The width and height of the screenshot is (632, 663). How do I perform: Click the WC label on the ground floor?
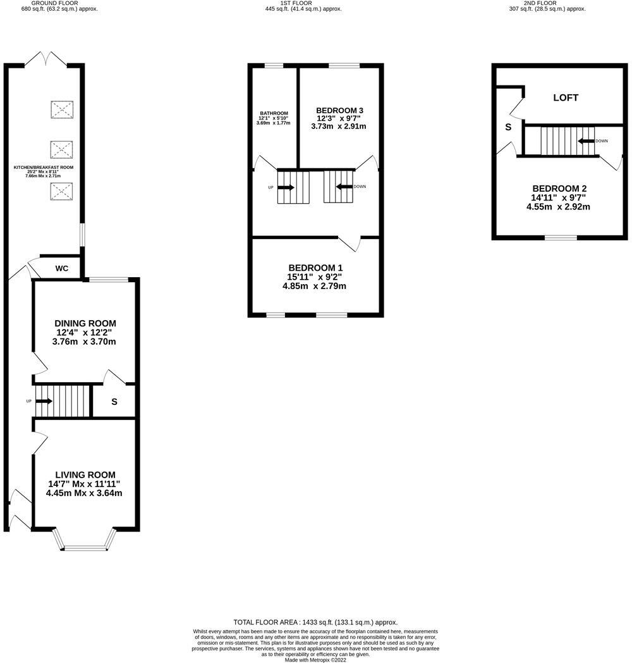pyautogui.click(x=61, y=268)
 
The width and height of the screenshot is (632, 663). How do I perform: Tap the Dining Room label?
pyautogui.click(x=85, y=323)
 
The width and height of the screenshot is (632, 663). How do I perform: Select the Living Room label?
pyautogui.click(x=85, y=474)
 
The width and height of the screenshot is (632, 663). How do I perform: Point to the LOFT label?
pyautogui.click(x=566, y=97)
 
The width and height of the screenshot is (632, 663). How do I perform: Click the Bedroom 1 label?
pyautogui.click(x=314, y=268)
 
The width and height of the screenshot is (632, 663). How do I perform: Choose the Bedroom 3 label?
pyautogui.click(x=339, y=110)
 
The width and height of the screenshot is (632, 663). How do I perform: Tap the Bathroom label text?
pyautogui.click(x=273, y=113)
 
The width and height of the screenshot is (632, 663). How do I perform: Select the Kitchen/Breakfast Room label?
pyautogui.click(x=44, y=168)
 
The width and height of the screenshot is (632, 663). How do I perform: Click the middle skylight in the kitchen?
pyautogui.click(x=61, y=150)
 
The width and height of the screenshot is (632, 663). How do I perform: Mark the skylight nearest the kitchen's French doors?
pyautogui.click(x=61, y=110)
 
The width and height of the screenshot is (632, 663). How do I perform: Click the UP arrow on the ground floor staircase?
pyautogui.click(x=45, y=400)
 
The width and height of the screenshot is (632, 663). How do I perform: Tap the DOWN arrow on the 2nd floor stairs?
pyautogui.click(x=586, y=141)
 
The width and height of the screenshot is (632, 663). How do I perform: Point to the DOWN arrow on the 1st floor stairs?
pyautogui.click(x=344, y=187)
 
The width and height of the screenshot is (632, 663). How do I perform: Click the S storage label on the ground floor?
pyautogui.click(x=114, y=402)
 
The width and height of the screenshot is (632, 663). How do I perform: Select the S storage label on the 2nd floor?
pyautogui.click(x=507, y=127)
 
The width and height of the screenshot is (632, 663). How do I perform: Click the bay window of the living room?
pyautogui.click(x=85, y=546)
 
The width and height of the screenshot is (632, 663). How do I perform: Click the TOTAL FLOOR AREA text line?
pyautogui.click(x=315, y=622)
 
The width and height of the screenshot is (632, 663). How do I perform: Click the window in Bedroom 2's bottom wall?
pyautogui.click(x=561, y=238)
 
